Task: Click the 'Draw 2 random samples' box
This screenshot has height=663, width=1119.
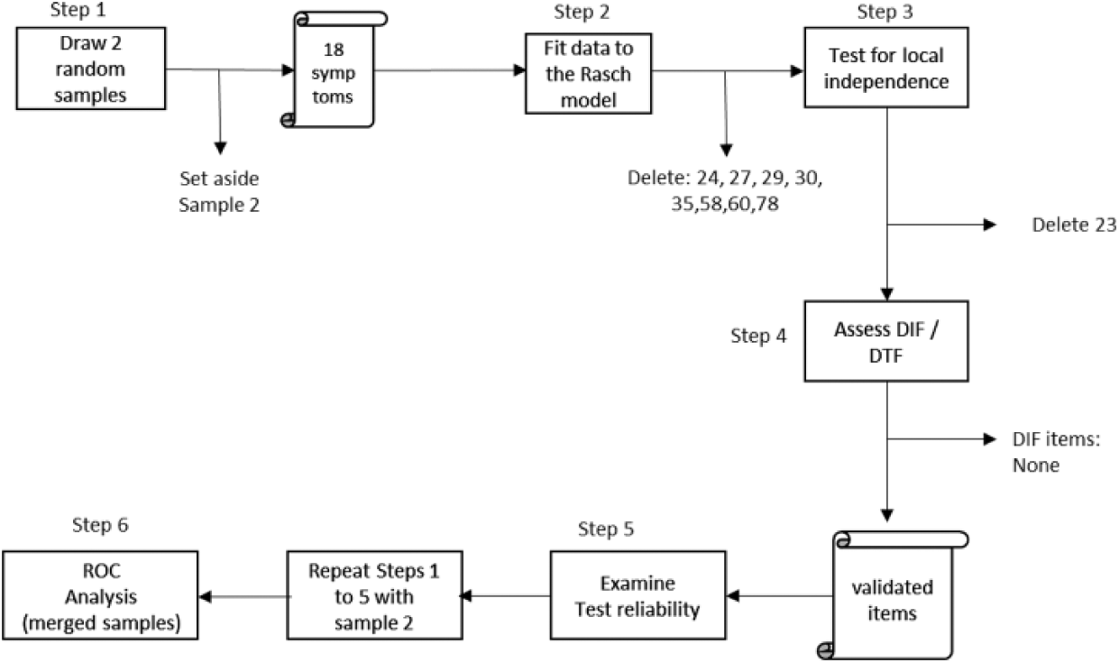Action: click(91, 69)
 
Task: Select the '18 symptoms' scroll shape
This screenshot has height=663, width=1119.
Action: click(334, 69)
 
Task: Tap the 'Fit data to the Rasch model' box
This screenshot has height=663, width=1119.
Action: click(589, 73)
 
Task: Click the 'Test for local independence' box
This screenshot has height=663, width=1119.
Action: click(886, 68)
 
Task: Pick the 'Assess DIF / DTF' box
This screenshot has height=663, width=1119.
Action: click(886, 341)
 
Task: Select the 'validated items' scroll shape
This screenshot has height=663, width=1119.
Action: click(893, 594)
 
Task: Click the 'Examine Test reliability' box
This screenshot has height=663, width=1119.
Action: click(637, 595)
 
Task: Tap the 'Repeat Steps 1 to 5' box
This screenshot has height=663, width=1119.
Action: click(375, 595)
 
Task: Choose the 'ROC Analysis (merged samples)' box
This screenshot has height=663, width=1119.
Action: click(100, 595)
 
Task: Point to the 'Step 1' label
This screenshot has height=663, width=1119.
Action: click(78, 10)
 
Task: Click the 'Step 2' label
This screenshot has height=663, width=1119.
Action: click(582, 12)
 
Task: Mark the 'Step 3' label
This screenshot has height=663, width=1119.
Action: click(885, 12)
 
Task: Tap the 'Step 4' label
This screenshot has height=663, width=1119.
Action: click(758, 336)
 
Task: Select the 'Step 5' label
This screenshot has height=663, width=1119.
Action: click(606, 529)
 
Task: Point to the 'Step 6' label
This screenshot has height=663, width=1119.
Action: click(100, 525)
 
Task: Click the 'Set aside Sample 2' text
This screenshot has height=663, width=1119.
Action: click(219, 192)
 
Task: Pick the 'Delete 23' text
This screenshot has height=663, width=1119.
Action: click(1074, 225)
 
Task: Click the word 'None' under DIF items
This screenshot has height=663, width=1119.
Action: click(1036, 465)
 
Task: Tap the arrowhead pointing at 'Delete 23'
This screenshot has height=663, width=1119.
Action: click(990, 225)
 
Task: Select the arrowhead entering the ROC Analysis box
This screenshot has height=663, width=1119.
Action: click(206, 596)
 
